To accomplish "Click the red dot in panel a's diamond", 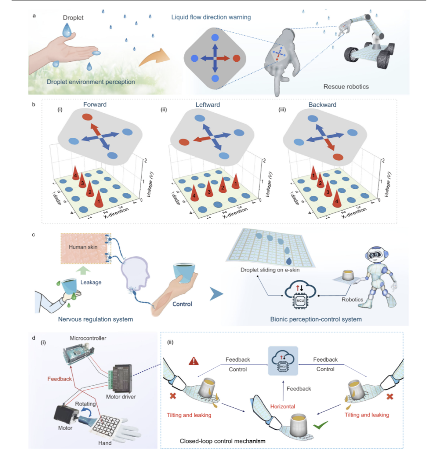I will [x=236, y=58].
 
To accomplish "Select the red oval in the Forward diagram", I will [x=87, y=117].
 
